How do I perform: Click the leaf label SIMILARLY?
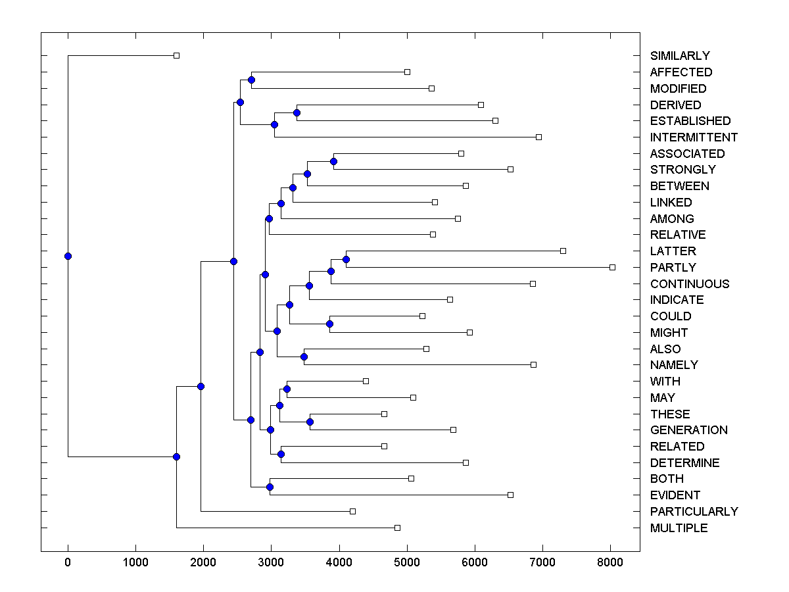680,56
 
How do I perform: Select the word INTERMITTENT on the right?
694,137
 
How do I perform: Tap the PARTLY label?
673,268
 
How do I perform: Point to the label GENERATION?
688,430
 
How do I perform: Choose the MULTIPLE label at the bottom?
679,528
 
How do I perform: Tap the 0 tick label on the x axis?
68,561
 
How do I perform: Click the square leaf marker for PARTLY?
612,267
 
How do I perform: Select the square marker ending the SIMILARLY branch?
176,55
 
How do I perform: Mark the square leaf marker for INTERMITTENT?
538,137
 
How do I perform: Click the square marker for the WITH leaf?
366,381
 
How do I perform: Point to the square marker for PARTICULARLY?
352,511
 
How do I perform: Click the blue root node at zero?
68,256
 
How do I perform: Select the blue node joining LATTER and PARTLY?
346,259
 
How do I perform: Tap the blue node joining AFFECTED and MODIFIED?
251,80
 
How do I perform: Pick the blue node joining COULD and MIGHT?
330,324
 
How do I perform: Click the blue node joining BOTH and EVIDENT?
270,487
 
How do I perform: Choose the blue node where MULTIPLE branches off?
176,456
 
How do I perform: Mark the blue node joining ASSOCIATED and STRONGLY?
333,161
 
